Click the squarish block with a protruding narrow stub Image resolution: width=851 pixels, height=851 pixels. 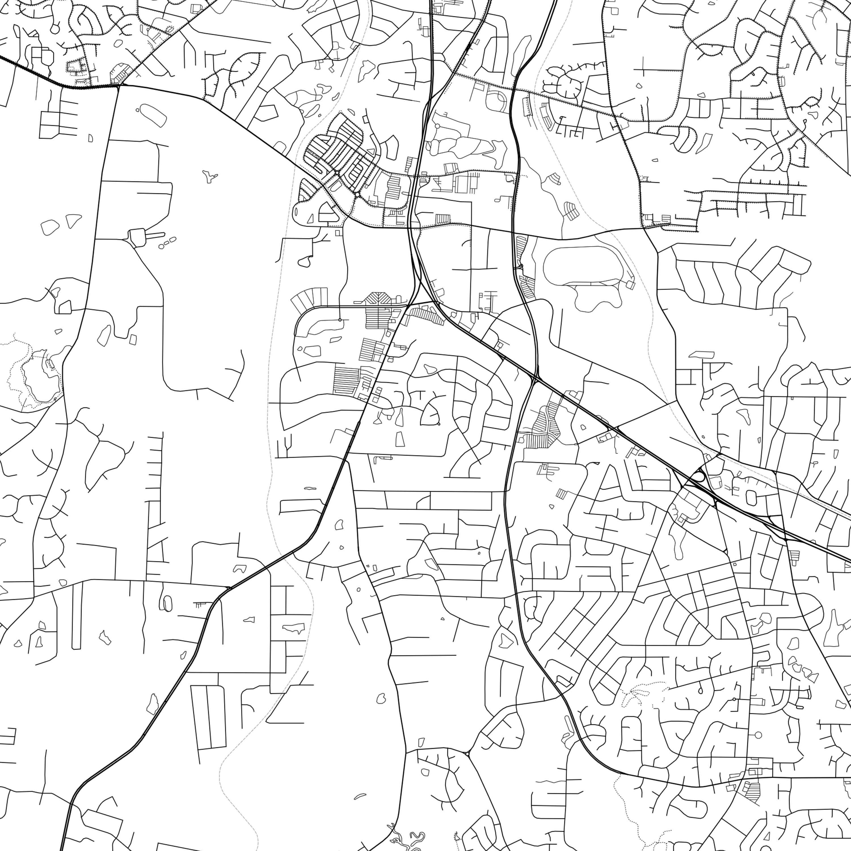coord(137,236)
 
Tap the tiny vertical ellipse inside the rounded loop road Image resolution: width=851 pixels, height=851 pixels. coord(296,211)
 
